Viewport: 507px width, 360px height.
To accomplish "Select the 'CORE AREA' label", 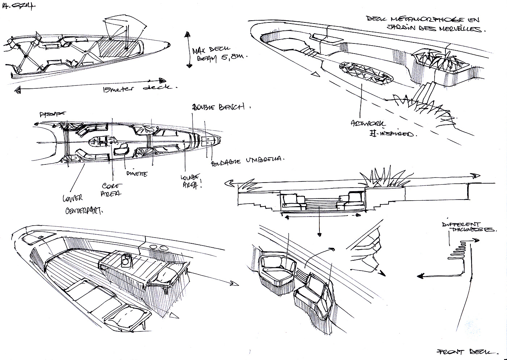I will coord(113,189).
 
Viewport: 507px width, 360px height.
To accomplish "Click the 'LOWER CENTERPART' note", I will coord(82,204).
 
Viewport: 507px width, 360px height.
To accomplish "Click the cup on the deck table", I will coord(126,260).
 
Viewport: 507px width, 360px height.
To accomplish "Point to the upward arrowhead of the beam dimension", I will coord(187,35).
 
